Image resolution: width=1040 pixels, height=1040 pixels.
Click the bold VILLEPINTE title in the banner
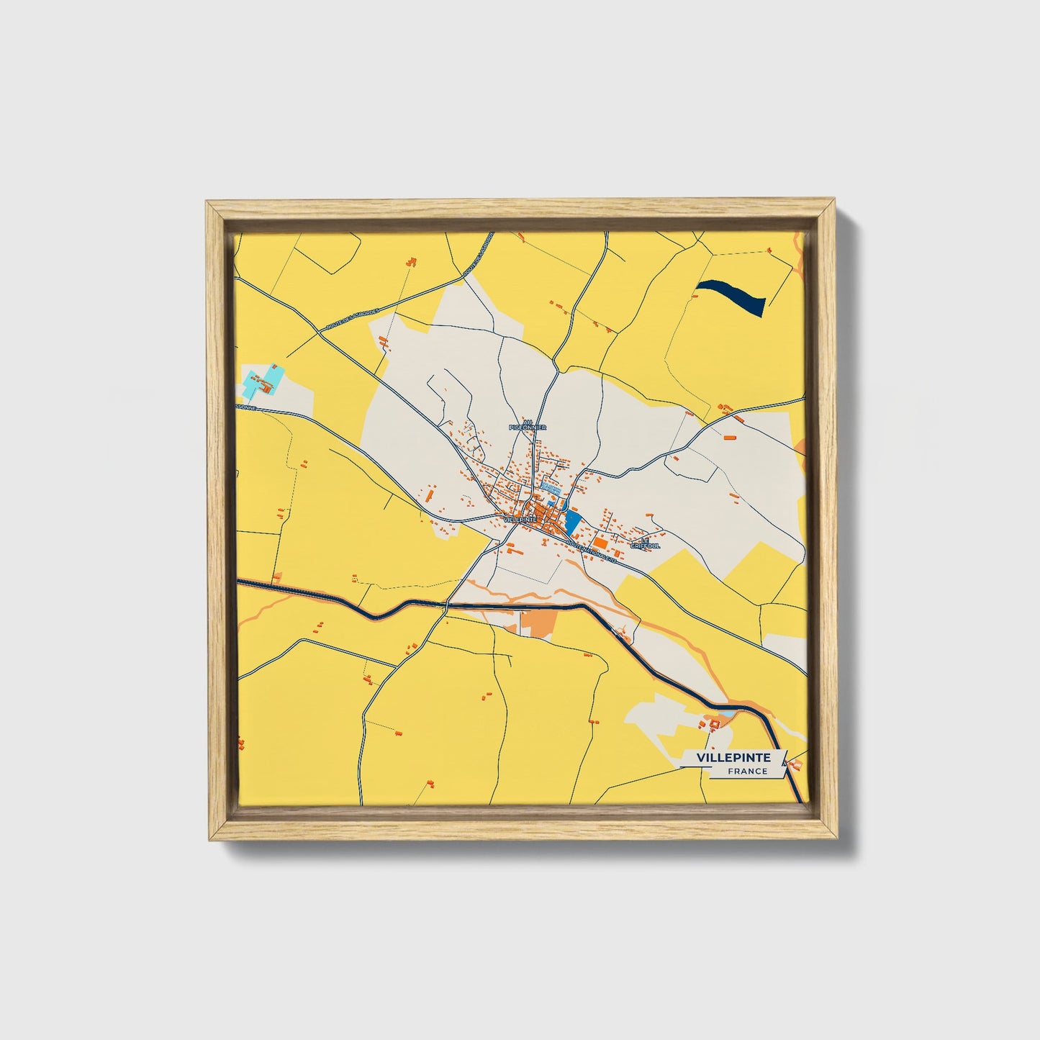point(733,758)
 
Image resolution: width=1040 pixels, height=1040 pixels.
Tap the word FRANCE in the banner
point(747,772)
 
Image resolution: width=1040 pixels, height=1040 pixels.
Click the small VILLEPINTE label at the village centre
point(520,519)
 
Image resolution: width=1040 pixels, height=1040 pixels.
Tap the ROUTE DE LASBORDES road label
point(353,317)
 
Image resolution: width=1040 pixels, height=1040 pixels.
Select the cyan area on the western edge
point(263,381)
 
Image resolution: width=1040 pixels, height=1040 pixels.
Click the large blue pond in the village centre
point(572,520)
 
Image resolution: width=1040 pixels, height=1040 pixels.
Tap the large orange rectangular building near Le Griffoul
point(600,543)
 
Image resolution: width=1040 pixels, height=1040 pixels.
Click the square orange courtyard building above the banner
point(715,723)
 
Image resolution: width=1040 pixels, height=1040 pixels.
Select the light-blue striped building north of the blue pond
point(551,487)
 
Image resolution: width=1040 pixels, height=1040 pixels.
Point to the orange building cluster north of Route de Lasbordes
point(411,262)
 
